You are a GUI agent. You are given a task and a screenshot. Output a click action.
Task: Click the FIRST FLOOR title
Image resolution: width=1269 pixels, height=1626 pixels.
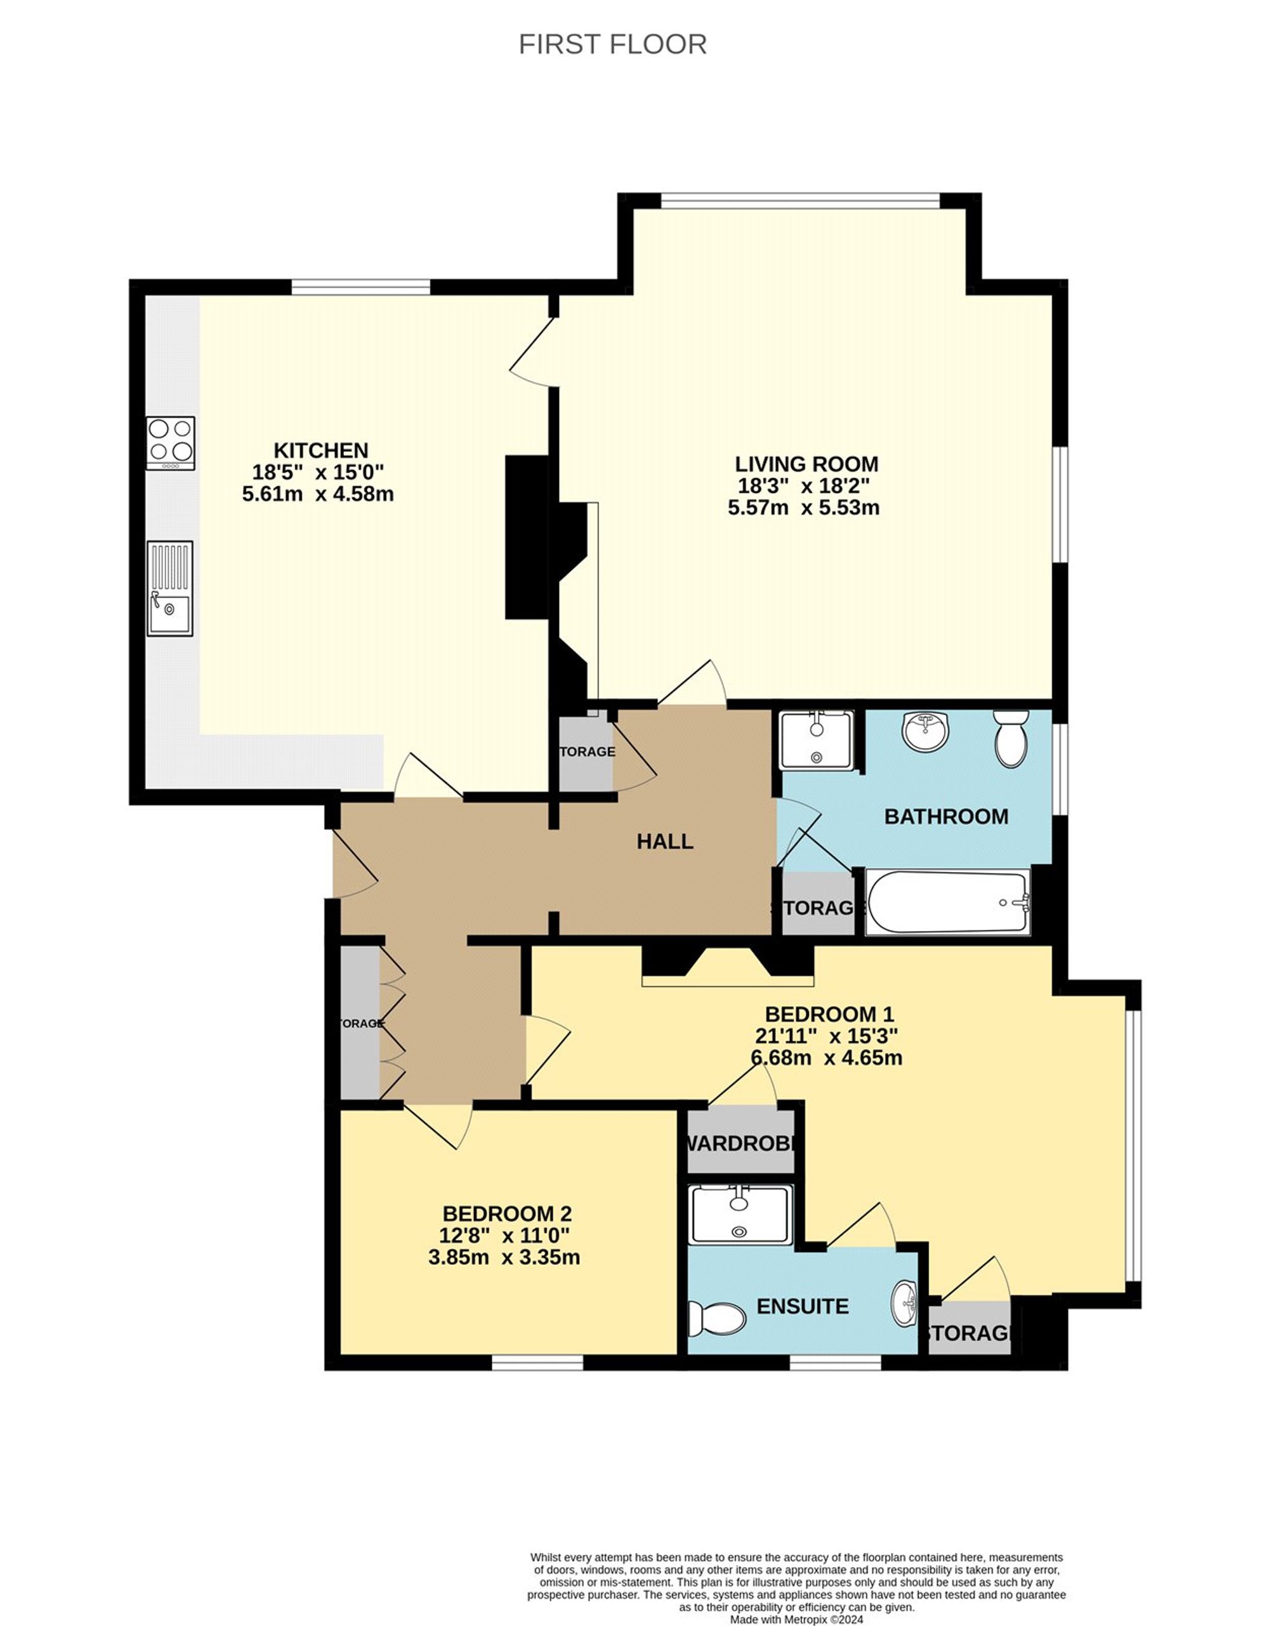[x=612, y=44]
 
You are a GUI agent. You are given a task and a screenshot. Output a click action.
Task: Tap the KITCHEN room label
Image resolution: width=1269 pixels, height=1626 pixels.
[x=321, y=451]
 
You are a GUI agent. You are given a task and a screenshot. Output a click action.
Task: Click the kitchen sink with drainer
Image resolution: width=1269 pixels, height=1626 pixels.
[x=169, y=588]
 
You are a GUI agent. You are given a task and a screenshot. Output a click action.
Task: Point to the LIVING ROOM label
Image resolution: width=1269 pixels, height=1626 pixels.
[x=806, y=464]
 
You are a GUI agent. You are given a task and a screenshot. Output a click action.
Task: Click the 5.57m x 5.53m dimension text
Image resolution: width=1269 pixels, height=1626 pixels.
[x=803, y=508]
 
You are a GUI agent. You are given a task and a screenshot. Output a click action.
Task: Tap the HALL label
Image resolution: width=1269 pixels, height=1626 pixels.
[x=665, y=842]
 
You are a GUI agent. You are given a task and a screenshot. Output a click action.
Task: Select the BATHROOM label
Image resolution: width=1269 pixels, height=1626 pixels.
[x=946, y=817]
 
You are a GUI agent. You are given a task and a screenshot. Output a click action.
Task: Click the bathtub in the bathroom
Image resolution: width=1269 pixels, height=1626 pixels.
[x=947, y=902]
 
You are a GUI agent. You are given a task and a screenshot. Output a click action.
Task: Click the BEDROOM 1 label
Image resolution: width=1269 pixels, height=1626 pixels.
[x=829, y=1014]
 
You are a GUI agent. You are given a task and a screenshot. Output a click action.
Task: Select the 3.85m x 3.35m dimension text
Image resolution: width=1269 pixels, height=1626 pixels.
[x=504, y=1257]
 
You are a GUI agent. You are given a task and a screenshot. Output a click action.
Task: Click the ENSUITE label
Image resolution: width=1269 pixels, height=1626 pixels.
[x=803, y=1306]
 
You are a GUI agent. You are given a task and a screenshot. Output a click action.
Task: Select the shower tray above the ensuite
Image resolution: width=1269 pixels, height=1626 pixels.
[x=740, y=1214]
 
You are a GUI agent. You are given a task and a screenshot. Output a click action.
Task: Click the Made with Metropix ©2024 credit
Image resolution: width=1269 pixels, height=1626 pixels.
[x=796, y=1618]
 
